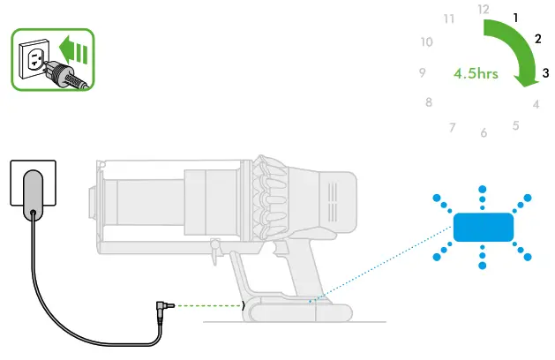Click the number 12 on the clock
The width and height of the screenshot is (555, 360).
(x=483, y=9)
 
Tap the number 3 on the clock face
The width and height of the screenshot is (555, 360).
(x=546, y=72)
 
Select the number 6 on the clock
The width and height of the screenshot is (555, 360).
(x=484, y=133)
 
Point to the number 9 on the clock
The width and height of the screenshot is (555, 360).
(x=423, y=73)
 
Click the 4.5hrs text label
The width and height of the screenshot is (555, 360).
(x=476, y=73)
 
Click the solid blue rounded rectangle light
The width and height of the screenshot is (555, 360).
(x=484, y=227)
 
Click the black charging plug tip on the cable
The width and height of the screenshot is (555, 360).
(x=161, y=305)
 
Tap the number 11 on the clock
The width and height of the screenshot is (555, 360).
(x=450, y=18)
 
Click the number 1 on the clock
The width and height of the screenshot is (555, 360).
(x=515, y=17)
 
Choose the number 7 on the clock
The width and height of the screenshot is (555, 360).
(x=452, y=128)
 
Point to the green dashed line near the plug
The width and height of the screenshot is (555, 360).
(x=208, y=306)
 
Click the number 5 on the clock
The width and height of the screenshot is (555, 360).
(x=515, y=126)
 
